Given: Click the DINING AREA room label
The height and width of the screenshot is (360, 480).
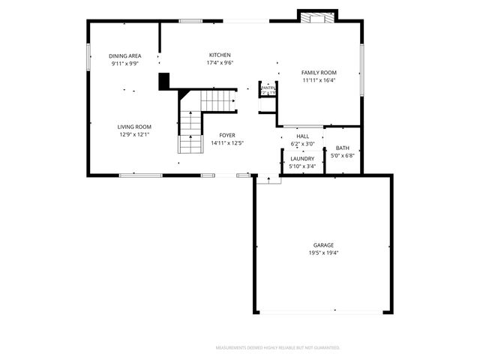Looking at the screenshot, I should tap(124, 56).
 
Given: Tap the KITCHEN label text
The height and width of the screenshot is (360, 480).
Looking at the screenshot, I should tap(220, 55).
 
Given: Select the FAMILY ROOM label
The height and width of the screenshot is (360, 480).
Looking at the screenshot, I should tap(319, 73).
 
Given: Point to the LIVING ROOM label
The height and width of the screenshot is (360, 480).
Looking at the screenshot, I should tap(134, 127).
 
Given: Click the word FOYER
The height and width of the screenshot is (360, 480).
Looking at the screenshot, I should tap(227, 135).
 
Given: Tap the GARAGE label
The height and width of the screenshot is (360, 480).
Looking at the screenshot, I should tap(323, 245).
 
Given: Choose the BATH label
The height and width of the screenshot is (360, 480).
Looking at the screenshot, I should tap(342, 148).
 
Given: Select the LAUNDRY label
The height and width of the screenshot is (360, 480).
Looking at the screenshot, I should tap(302, 158).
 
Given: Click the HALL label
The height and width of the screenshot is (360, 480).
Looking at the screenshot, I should tap(302, 136).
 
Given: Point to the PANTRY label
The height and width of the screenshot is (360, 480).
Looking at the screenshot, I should tap(268, 88).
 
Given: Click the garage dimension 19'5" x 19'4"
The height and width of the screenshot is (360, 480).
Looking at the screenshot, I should tap(323, 253).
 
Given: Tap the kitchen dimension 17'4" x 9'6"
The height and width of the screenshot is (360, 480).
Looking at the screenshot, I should tap(220, 63).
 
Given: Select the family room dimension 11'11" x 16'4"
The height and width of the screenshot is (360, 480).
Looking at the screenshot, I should tap(319, 80).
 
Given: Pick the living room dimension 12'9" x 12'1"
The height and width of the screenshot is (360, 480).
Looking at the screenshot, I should tap(134, 135).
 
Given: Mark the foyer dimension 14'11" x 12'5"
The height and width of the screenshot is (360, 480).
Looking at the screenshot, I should tap(227, 142).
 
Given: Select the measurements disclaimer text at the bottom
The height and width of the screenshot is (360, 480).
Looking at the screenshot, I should tap(277, 348).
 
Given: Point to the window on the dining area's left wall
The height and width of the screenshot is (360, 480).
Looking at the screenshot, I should tap(89, 58).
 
